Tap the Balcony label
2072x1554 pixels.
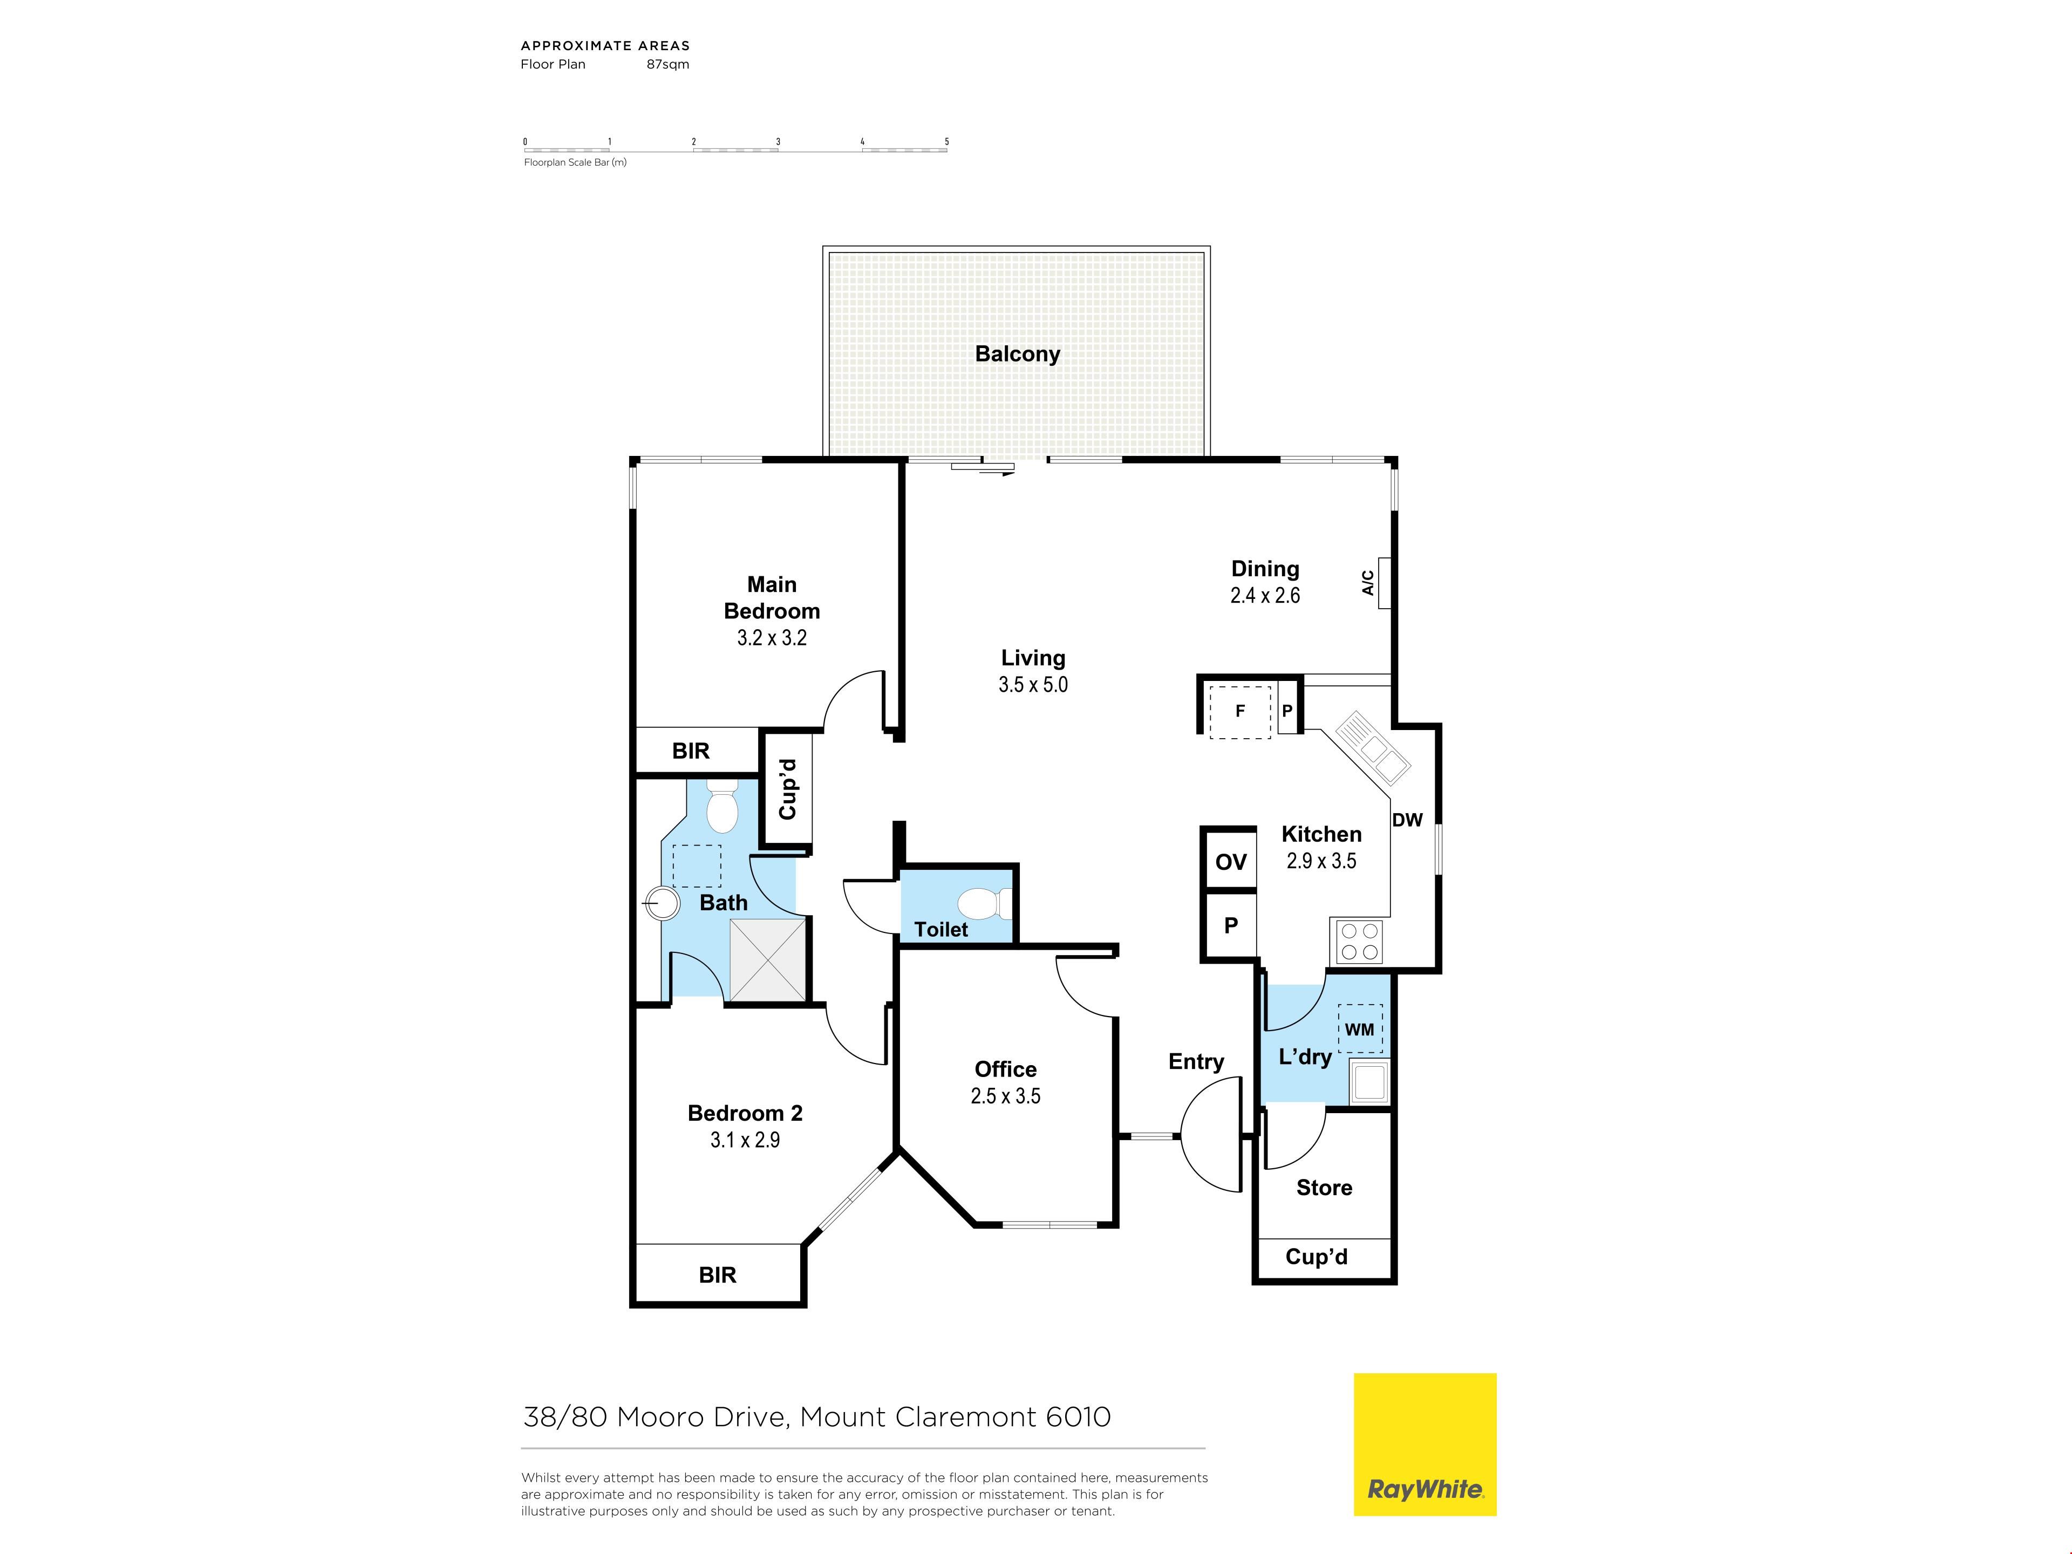1017,354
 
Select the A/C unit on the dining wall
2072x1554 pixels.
1385,583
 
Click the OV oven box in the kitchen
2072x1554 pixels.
1230,861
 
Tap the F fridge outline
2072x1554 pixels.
1239,712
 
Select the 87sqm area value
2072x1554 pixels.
668,65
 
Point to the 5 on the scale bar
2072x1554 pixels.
946,141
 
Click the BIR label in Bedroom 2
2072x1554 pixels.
718,1275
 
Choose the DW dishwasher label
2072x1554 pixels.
1407,820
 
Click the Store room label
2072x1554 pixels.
1324,1188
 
